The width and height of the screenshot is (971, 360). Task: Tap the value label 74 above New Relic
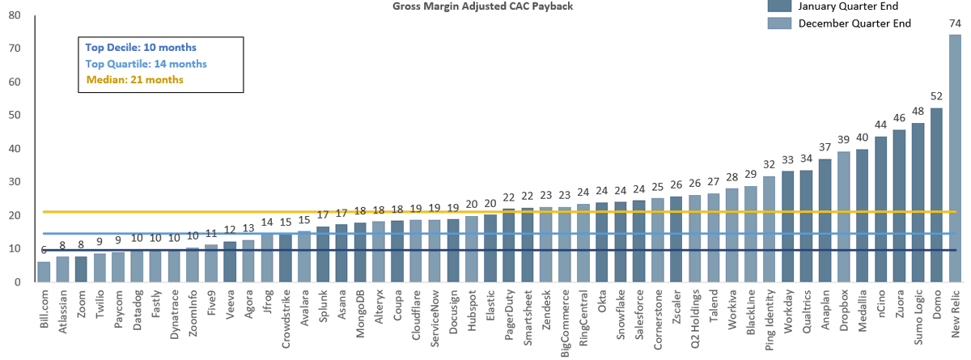[x=955, y=23]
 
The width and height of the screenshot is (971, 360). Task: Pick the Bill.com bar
[x=44, y=272]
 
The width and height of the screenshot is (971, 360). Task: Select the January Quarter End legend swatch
[x=778, y=6]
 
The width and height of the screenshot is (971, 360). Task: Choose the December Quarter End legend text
[x=854, y=23]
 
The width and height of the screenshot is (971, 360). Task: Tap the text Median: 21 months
[x=134, y=79]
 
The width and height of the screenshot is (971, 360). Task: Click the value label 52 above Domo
[x=936, y=97]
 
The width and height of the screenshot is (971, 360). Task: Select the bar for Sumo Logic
[x=918, y=202]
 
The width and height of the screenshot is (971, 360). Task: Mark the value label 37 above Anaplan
[x=825, y=147]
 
